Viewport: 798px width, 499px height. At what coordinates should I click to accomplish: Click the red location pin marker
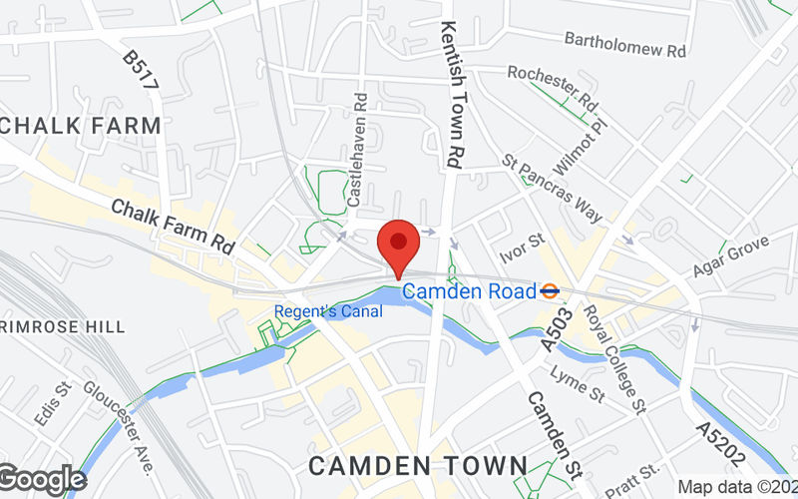click(x=399, y=245)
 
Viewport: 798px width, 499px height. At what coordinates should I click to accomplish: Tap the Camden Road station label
click(x=469, y=291)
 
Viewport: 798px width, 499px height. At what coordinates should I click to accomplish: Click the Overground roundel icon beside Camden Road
click(x=549, y=291)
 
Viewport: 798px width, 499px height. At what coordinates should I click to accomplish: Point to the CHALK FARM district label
click(x=82, y=126)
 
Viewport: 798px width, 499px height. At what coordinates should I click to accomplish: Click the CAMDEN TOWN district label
click(x=417, y=465)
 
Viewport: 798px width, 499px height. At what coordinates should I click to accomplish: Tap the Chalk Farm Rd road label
click(x=173, y=226)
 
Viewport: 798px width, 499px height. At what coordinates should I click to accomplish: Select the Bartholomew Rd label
click(x=625, y=43)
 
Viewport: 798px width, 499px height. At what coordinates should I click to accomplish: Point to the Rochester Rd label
click(x=552, y=88)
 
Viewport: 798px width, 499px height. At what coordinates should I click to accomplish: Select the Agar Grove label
click(x=732, y=257)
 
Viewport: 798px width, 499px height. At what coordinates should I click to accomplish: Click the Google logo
click(x=42, y=479)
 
